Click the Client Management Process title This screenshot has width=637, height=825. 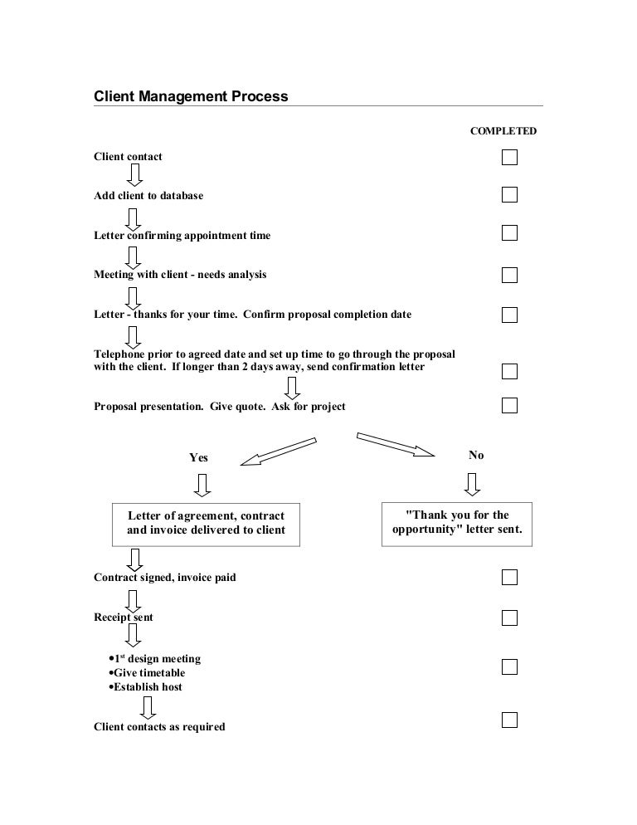pyautogui.click(x=192, y=96)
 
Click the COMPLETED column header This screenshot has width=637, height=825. pyautogui.click(x=503, y=131)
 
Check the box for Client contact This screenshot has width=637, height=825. pyautogui.click(x=509, y=157)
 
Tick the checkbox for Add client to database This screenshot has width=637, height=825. pyautogui.click(x=509, y=195)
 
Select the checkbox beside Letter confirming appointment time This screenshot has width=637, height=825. pyautogui.click(x=509, y=232)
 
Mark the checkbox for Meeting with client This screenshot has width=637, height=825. pyautogui.click(x=509, y=275)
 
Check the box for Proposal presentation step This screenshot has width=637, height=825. pyautogui.click(x=509, y=405)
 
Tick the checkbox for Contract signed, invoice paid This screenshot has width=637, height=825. pyautogui.click(x=509, y=577)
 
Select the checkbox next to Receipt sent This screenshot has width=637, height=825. pyautogui.click(x=509, y=618)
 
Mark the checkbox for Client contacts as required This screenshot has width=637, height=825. pyautogui.click(x=509, y=720)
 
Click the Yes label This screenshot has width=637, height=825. pyautogui.click(x=199, y=457)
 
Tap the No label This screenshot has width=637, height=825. pyautogui.click(x=476, y=455)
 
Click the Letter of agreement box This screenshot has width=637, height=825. pyautogui.click(x=206, y=524)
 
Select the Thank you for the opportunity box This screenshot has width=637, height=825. pyautogui.click(x=457, y=523)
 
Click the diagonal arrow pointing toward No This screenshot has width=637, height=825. pyautogui.click(x=396, y=443)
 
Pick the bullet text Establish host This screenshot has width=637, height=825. pyautogui.click(x=148, y=687)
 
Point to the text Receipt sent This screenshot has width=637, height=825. pyautogui.click(x=124, y=618)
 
